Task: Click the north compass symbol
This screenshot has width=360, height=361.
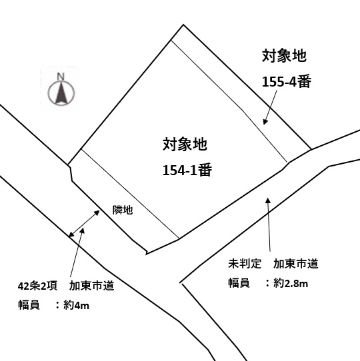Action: [x=61, y=92]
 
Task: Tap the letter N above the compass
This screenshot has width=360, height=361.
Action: [x=61, y=76]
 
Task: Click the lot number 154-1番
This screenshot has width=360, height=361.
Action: [x=187, y=170]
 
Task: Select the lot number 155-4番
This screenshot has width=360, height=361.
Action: [x=287, y=81]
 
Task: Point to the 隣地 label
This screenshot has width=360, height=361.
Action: [x=123, y=210]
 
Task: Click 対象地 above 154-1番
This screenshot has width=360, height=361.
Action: [x=185, y=145]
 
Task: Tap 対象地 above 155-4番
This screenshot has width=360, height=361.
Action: [x=284, y=55]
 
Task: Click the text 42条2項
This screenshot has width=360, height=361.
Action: [x=37, y=286]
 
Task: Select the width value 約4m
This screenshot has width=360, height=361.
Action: [x=76, y=305]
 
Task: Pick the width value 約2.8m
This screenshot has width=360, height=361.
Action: [x=291, y=283]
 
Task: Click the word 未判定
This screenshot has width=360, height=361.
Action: [x=245, y=264]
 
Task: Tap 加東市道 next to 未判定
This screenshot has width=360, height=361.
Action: [x=296, y=264]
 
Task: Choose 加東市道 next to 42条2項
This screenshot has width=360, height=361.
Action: [x=92, y=286]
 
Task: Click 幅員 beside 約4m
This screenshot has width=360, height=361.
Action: [x=29, y=305]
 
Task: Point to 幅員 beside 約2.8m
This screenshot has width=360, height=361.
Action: [x=239, y=283]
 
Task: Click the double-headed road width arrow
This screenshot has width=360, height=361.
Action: [x=84, y=224]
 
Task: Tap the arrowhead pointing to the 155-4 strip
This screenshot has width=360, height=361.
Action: [x=266, y=121]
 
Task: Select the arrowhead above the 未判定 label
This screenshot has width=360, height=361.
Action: [x=268, y=200]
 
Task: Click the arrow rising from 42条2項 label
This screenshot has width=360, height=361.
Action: [x=77, y=252]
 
